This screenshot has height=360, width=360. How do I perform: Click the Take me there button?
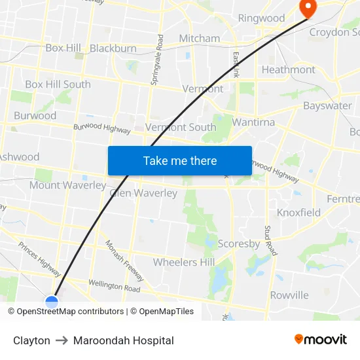pyautogui.click(x=180, y=160)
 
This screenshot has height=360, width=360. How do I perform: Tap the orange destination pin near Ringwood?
pyautogui.click(x=306, y=7)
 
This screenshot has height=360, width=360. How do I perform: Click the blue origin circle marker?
pyautogui.click(x=52, y=302)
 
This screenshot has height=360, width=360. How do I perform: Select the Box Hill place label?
pyautogui.click(x=63, y=48)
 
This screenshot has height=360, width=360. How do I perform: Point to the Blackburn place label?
pyautogui.click(x=113, y=48)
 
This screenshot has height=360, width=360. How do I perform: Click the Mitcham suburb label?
pyautogui.click(x=200, y=38)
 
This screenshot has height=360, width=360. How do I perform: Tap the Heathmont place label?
pyautogui.click(x=288, y=69)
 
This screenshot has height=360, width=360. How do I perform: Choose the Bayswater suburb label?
pyautogui.click(x=327, y=105)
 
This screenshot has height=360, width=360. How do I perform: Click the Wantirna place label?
pyautogui.click(x=253, y=122)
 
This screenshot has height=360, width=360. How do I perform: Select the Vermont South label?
pyautogui.click(x=181, y=127)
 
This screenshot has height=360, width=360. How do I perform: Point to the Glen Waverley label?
pyautogui.click(x=143, y=193)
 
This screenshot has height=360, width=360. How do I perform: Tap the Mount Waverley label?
pyautogui.click(x=67, y=185)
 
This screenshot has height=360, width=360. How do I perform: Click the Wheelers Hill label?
pyautogui.click(x=184, y=262)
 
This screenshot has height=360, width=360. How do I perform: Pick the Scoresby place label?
pyautogui.click(x=239, y=243)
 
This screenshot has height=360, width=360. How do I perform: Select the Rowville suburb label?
pyautogui.click(x=289, y=295)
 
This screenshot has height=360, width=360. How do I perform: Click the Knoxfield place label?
pyautogui.click(x=298, y=212)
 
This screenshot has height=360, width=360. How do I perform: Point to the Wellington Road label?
pyautogui.click(x=115, y=285)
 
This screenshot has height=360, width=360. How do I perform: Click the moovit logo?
pyautogui.click(x=321, y=340)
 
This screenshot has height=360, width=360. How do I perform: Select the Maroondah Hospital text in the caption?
pyautogui.click(x=124, y=340)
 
